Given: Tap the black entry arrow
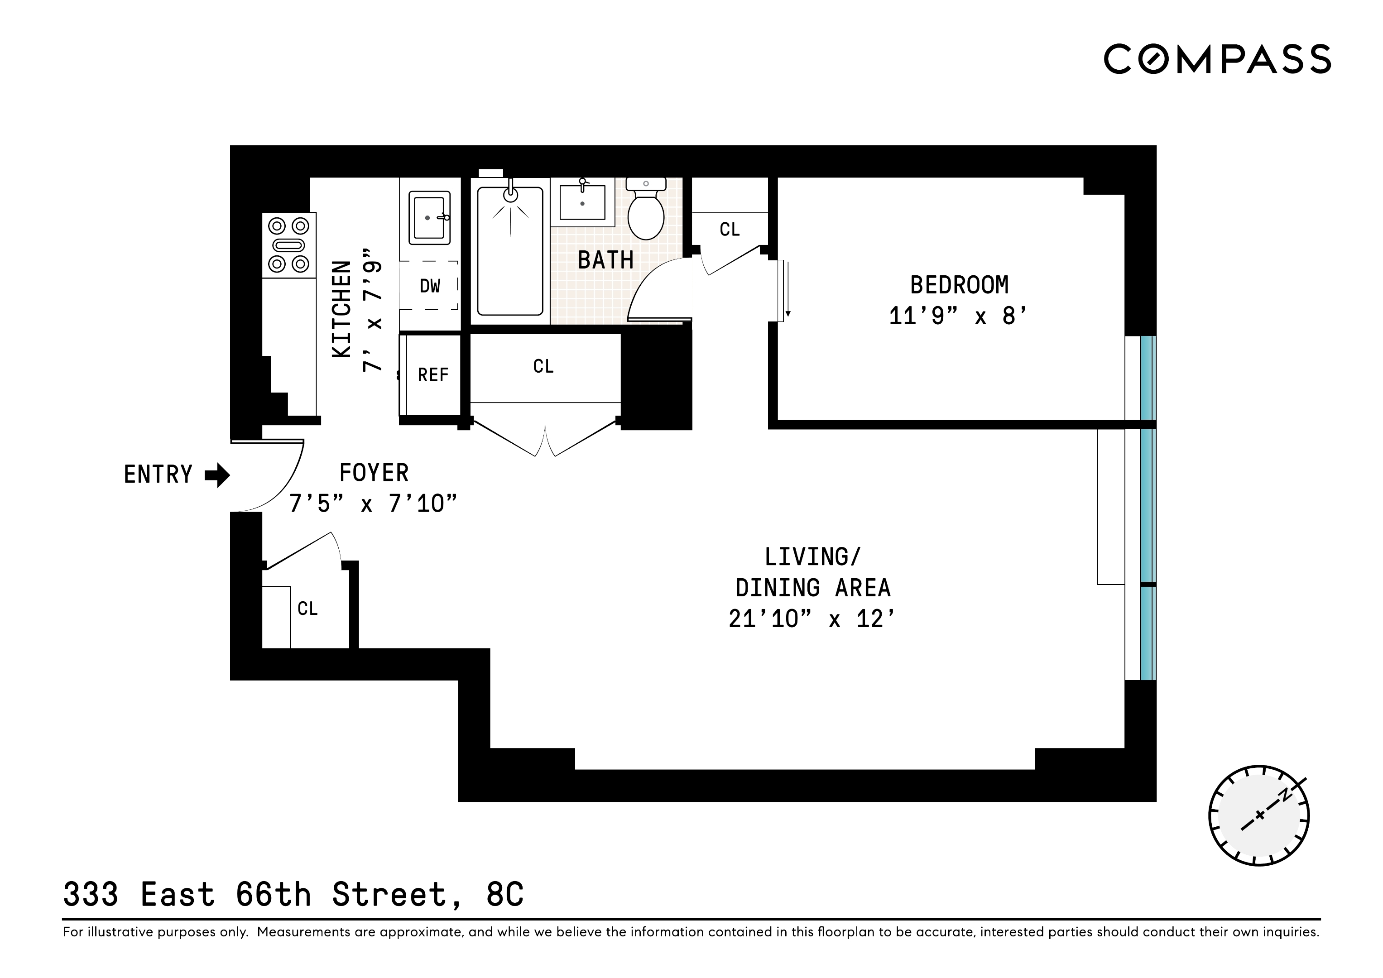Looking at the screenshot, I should point(217,475).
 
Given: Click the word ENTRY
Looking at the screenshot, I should point(158,475).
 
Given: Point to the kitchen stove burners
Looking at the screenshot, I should point(288,245).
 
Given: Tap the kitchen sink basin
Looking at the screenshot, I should point(429,217).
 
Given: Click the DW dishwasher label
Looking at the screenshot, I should point(430,286).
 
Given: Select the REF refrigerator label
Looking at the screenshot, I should point(433,375).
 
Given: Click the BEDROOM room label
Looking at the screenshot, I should point(959,285).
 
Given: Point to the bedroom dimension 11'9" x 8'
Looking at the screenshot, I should point(958,316).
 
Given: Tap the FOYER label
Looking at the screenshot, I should point(374,473).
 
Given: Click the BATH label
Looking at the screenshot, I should point(605,260).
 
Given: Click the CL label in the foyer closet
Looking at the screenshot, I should point(307,609).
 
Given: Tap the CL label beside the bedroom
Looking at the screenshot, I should point(730,230).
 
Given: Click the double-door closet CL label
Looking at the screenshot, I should point(543,366).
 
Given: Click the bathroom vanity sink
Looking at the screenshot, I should point(582,202).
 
